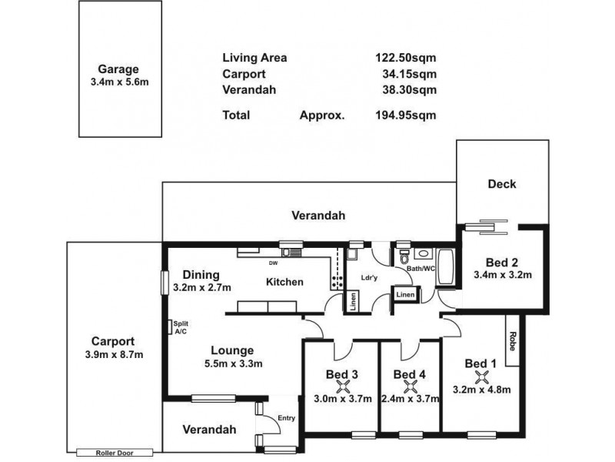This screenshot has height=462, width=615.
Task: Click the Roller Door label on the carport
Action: (x=115, y=453)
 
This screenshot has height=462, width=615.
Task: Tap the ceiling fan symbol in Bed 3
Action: (x=344, y=387)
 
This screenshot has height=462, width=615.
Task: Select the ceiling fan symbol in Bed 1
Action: (x=482, y=377)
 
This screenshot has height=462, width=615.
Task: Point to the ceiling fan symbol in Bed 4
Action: (x=411, y=387)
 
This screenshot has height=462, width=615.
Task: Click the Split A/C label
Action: (x=181, y=328)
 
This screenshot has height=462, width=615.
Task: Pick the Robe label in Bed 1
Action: (x=512, y=341)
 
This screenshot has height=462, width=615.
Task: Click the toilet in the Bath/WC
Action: (x=404, y=256)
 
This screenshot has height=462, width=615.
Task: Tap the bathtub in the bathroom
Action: (x=445, y=266)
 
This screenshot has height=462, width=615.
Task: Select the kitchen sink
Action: (x=291, y=253)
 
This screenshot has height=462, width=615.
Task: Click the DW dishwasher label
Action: (x=274, y=263)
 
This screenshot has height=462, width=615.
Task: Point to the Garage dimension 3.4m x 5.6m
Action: (x=120, y=82)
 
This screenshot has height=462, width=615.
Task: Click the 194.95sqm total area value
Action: (x=406, y=115)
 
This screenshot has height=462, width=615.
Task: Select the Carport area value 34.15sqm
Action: (x=409, y=74)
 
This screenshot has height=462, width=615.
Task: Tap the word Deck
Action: (x=502, y=184)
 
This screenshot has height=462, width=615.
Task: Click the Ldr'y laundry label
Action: (x=369, y=278)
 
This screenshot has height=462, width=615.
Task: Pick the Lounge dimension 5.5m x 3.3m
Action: (x=234, y=363)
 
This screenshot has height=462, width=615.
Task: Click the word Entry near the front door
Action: (x=286, y=418)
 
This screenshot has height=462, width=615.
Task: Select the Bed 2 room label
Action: (x=502, y=262)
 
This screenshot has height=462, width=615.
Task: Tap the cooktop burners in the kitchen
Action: (x=337, y=281)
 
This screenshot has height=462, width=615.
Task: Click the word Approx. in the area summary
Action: (x=322, y=115)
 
